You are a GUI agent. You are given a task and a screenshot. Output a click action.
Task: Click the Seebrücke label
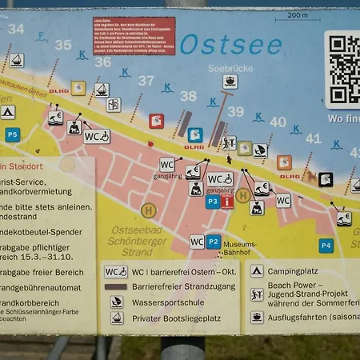pos(230,68)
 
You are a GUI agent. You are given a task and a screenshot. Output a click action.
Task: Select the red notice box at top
pos(134,36)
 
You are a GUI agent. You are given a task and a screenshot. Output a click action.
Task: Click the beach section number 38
pos(188,96)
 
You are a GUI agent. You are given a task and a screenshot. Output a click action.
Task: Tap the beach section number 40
pos(277,122)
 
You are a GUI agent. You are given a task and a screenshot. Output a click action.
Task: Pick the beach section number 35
pos(62,45)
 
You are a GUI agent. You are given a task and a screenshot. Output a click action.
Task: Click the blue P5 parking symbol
pos(12,135)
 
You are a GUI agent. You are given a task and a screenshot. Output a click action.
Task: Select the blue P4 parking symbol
pos(326,245)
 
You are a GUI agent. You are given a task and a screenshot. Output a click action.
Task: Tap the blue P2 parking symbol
pos(213,241)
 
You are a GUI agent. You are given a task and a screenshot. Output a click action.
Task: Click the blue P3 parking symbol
pos(212,202)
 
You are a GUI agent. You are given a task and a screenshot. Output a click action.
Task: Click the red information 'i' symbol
pos(227,202)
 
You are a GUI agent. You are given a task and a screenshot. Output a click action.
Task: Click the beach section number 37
pos(146,80)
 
